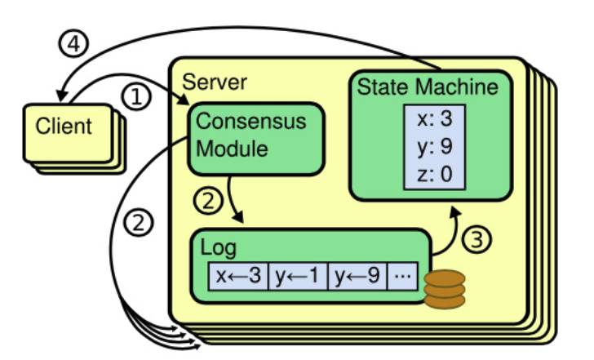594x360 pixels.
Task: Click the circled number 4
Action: click(73, 43)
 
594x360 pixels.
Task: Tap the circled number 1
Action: click(136, 96)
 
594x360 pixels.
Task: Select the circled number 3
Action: click(477, 239)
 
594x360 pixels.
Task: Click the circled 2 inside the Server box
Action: click(208, 201)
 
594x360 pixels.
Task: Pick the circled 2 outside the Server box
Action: click(139, 222)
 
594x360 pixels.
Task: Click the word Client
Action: click(64, 126)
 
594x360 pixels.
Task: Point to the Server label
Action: click(215, 82)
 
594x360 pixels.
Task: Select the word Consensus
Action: click(250, 122)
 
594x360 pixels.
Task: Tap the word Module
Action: click(232, 149)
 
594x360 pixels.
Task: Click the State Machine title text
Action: click(428, 87)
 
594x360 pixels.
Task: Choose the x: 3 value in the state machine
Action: click(435, 118)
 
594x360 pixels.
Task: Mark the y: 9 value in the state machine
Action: click(435, 146)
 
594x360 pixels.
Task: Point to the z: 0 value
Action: click(435, 174)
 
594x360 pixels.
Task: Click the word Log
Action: click(218, 248)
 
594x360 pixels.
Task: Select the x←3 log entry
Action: click(238, 276)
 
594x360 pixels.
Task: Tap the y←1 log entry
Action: click(298, 276)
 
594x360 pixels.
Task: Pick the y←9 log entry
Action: click(357, 276)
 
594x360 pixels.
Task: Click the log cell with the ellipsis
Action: click(402, 276)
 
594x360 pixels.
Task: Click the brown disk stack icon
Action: click(445, 289)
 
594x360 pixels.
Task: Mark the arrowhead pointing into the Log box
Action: click(238, 218)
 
